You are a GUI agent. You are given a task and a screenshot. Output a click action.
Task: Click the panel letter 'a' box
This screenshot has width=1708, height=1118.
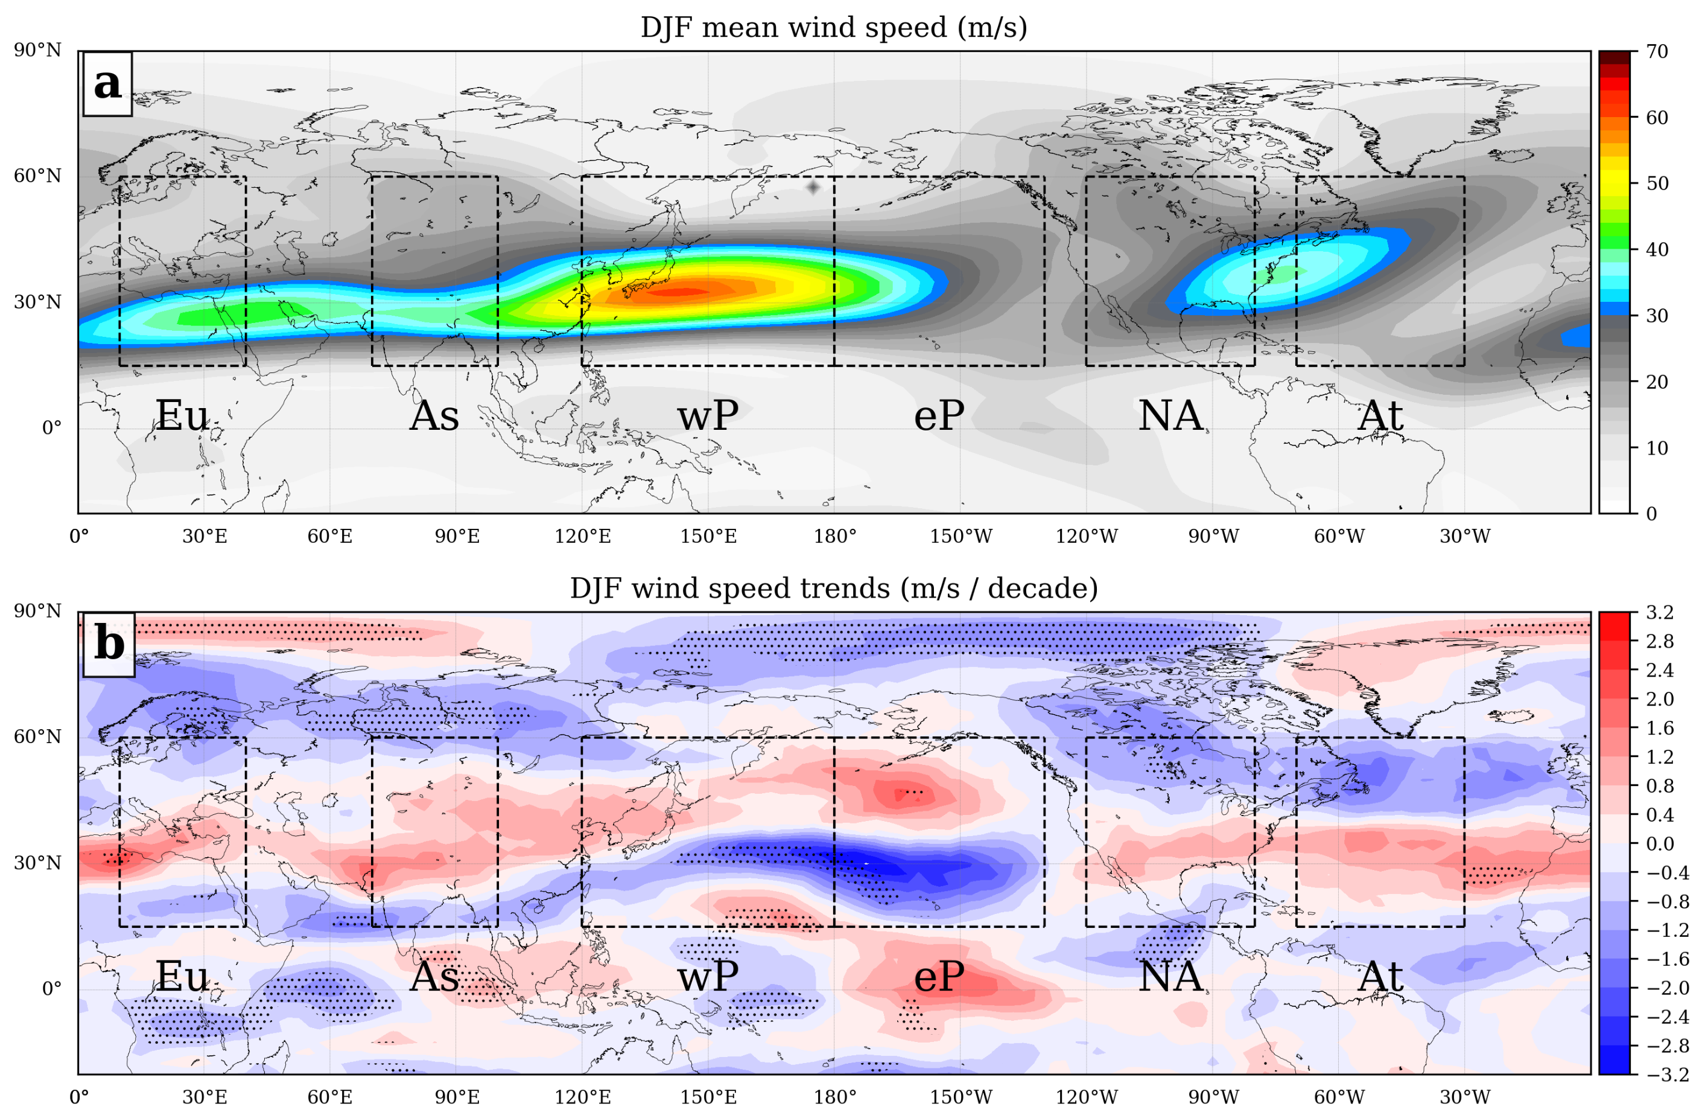point(107,83)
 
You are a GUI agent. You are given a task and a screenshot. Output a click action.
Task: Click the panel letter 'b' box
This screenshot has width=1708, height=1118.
point(109,644)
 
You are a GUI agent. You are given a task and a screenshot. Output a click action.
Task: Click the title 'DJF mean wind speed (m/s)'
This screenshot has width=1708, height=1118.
point(833,27)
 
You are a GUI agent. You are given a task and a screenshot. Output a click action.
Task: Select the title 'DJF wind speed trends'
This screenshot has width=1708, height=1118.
point(833,588)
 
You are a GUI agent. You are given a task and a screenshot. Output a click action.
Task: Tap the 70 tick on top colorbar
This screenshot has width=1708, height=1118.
point(1656,52)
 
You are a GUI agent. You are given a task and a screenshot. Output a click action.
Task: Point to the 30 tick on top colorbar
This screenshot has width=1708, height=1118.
point(1656,316)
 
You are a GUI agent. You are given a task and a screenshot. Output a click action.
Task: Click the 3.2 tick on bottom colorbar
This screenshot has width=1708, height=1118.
point(1659,613)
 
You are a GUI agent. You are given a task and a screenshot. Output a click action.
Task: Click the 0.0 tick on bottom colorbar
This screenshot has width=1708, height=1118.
point(1659,844)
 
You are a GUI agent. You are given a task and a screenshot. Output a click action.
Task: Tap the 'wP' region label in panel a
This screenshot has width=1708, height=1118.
point(708,416)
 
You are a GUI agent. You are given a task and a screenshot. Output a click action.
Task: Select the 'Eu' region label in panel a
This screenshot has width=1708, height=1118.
point(182,416)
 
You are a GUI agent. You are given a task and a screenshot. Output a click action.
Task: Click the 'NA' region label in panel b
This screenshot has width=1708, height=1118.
point(1170,977)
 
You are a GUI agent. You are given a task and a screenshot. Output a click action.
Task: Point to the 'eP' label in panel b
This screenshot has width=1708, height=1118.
point(939,977)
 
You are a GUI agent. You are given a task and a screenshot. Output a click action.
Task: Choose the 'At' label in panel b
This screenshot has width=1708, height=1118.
point(1380,977)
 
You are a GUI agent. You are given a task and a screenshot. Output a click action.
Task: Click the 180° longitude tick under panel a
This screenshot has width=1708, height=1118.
point(834,537)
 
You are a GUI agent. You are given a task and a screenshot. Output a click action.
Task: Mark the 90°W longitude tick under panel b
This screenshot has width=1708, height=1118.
point(1213,1097)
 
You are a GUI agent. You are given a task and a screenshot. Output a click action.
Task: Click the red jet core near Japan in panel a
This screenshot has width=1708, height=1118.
point(678,291)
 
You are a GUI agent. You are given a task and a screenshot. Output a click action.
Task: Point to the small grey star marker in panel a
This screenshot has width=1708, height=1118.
point(813,187)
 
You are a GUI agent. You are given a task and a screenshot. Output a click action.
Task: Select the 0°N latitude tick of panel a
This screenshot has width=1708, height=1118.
point(52,429)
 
